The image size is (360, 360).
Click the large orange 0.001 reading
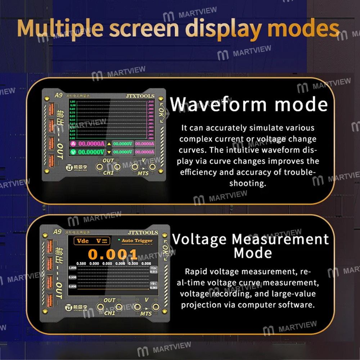tap(113, 255)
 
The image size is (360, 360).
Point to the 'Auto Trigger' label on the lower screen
tap(137, 240)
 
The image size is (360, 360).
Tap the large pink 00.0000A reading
tap(91, 144)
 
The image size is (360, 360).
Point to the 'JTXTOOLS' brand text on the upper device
tap(140, 96)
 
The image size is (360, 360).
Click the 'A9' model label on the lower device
tap(58, 232)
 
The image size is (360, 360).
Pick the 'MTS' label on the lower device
tap(146, 314)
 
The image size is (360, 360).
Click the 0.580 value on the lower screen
tap(81, 264)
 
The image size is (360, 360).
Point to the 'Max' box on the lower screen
tap(154, 270)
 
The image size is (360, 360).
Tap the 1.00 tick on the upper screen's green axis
tap(72, 102)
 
